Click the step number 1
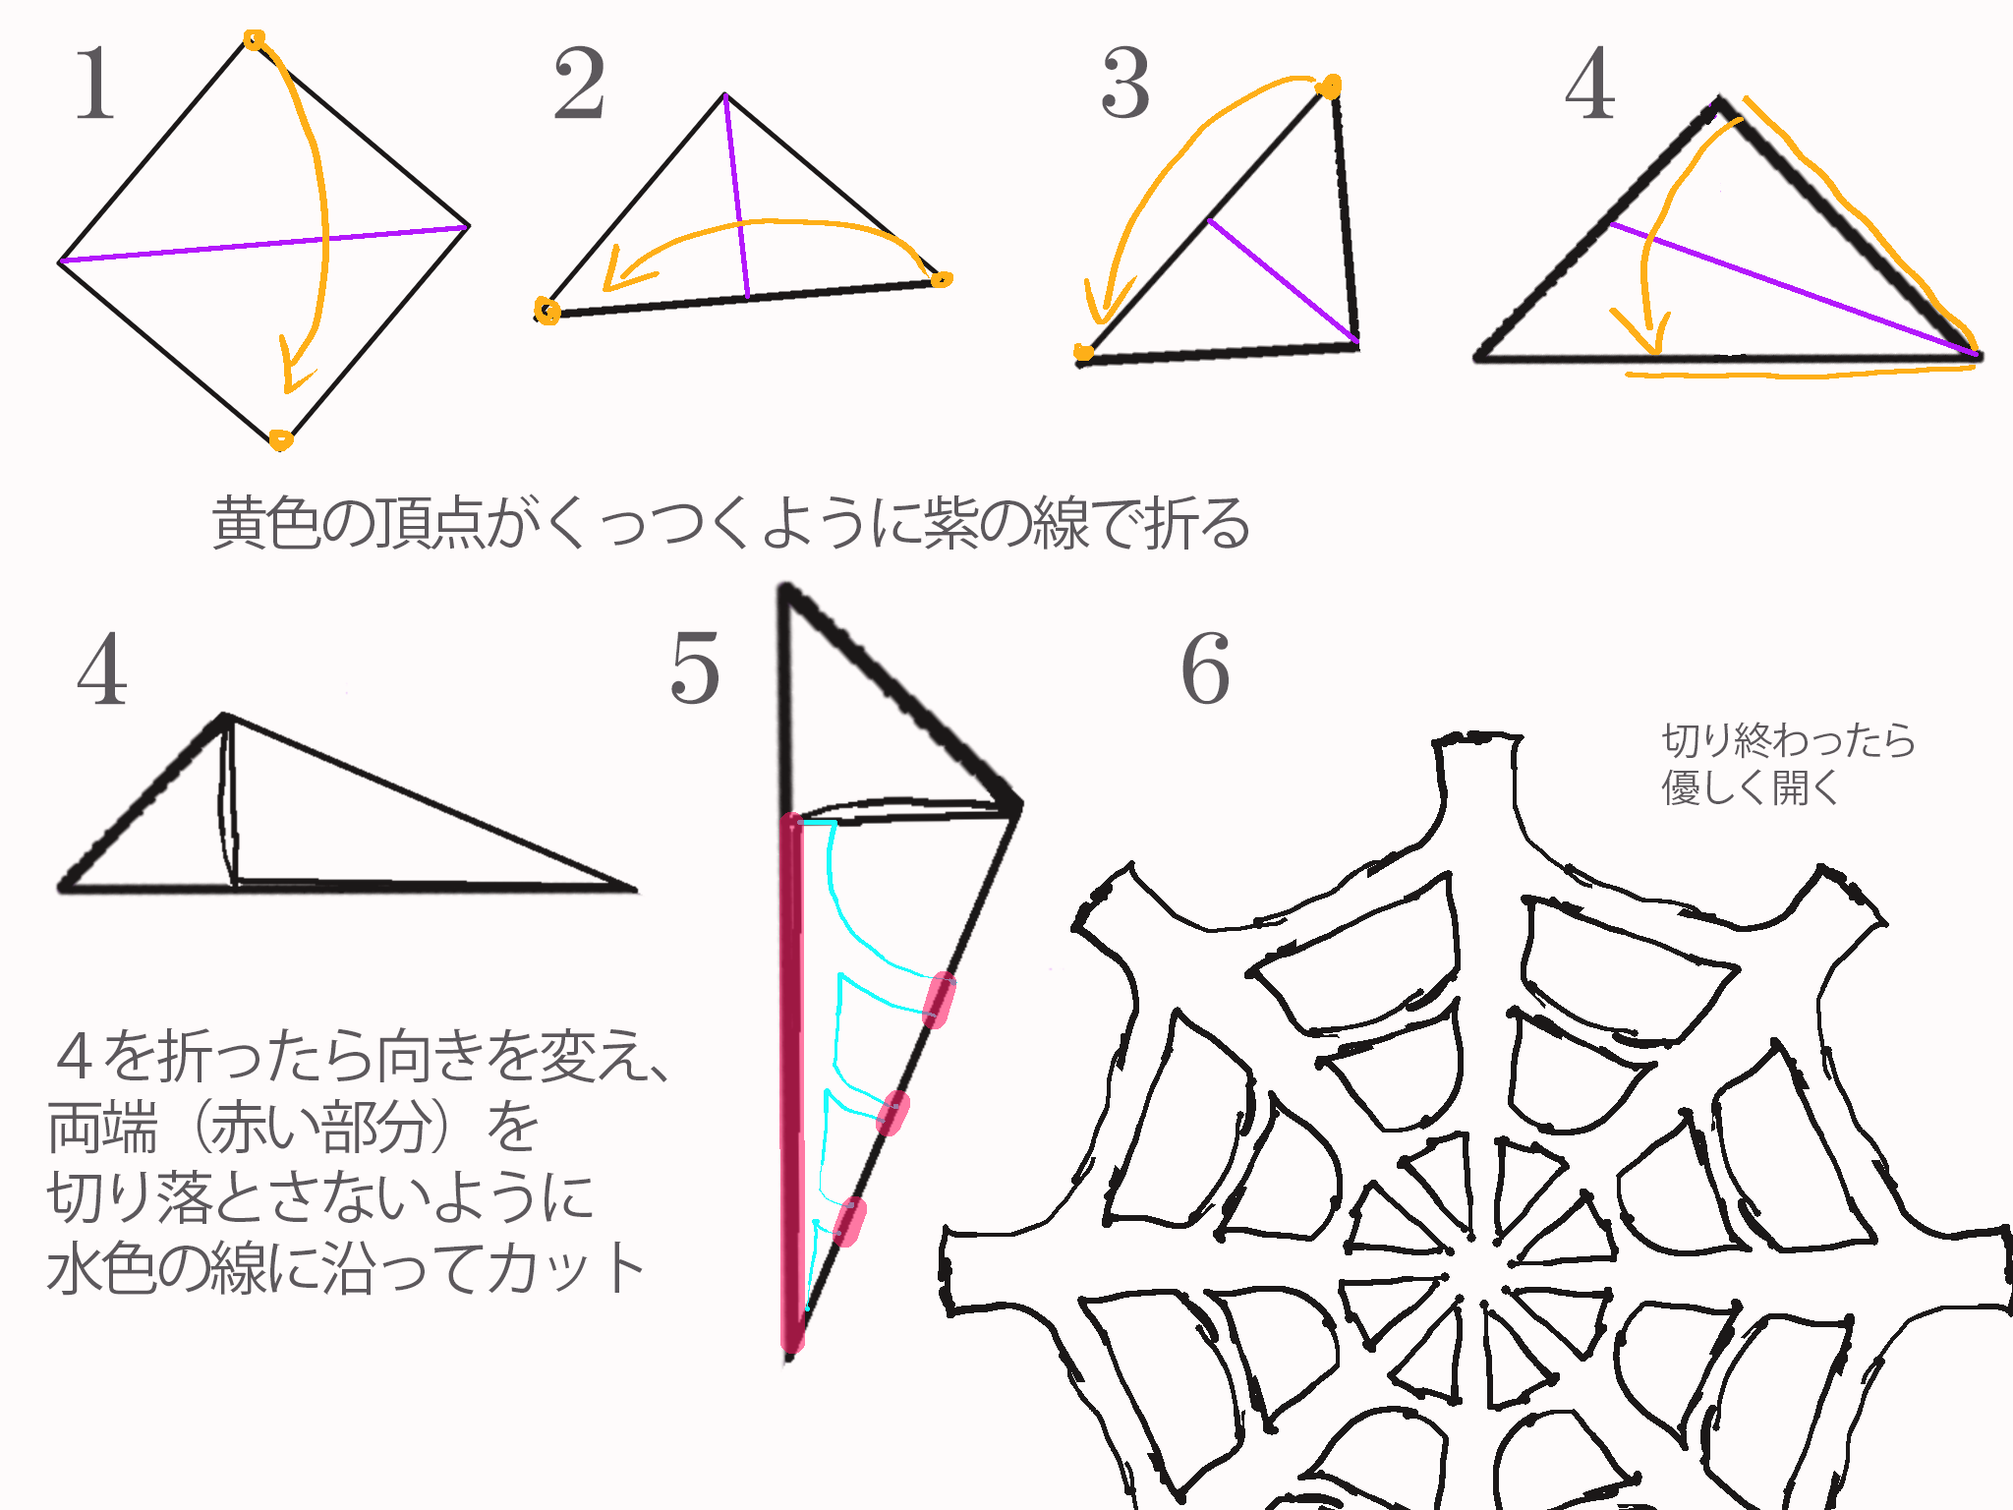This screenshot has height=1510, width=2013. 96,85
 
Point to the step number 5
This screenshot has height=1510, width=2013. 695,668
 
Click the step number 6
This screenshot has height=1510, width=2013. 1206,668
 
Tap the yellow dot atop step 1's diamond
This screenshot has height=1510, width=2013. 254,39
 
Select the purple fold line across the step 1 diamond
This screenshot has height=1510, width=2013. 264,244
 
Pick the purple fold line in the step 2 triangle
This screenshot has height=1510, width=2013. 737,196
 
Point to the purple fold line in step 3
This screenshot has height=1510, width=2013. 1283,281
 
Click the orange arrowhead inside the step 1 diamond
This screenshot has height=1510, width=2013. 294,366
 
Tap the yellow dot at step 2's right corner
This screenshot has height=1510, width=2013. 941,279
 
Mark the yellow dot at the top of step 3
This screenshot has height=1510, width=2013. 1329,87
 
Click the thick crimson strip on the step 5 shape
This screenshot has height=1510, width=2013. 791,1081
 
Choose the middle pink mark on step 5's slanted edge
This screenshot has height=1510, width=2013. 892,1113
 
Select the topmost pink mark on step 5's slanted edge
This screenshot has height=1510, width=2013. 940,1000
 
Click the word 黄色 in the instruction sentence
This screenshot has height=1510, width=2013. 266,522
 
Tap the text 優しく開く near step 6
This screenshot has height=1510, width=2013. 1750,787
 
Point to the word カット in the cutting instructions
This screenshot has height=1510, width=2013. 565,1268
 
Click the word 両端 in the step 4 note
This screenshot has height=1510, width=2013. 102,1127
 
